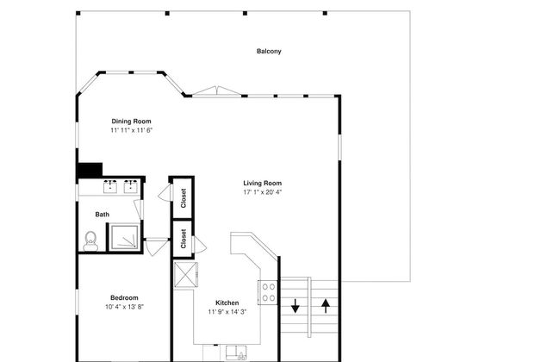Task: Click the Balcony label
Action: [x=269, y=52]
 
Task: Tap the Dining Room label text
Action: [x=131, y=122]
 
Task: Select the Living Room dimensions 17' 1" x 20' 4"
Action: [x=263, y=192]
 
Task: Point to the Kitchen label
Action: [x=227, y=303]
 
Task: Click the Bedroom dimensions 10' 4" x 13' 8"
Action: [x=124, y=307]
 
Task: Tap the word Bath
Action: [x=103, y=215]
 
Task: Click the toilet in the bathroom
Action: [x=90, y=240]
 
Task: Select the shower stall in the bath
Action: [x=124, y=236]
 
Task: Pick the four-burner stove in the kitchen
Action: [x=268, y=292]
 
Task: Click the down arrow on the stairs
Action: [x=295, y=306]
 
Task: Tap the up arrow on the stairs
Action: [x=326, y=306]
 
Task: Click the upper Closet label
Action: [x=184, y=198]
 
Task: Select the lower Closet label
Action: [x=184, y=239]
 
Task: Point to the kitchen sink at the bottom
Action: [x=236, y=353]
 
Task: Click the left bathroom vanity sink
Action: [x=110, y=186]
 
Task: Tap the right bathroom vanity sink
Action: [x=131, y=186]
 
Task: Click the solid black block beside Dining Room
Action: [x=90, y=170]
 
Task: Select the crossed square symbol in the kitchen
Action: [x=185, y=274]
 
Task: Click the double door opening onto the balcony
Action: [x=216, y=91]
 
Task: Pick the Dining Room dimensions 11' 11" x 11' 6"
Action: [x=131, y=130]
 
